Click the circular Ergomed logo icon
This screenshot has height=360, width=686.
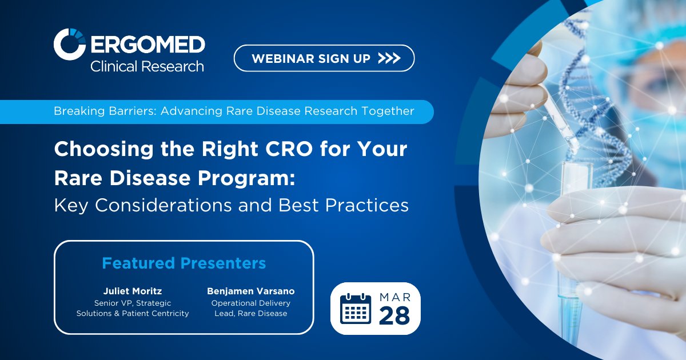[x=70, y=44]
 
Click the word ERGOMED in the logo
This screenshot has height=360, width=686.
[x=147, y=44]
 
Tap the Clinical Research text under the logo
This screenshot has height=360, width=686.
[x=147, y=66]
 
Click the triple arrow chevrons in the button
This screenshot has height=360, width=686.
[x=389, y=58]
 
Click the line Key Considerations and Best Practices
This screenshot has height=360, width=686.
[x=231, y=205]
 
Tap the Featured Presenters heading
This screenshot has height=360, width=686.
[x=184, y=263]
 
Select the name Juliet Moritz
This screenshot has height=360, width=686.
[x=133, y=291]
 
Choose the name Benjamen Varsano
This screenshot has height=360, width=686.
[x=251, y=291]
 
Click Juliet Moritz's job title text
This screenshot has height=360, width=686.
[x=133, y=308]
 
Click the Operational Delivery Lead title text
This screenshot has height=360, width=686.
[x=251, y=308]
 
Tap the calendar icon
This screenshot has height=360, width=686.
[x=356, y=309]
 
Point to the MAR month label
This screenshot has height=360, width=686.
[x=394, y=297]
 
